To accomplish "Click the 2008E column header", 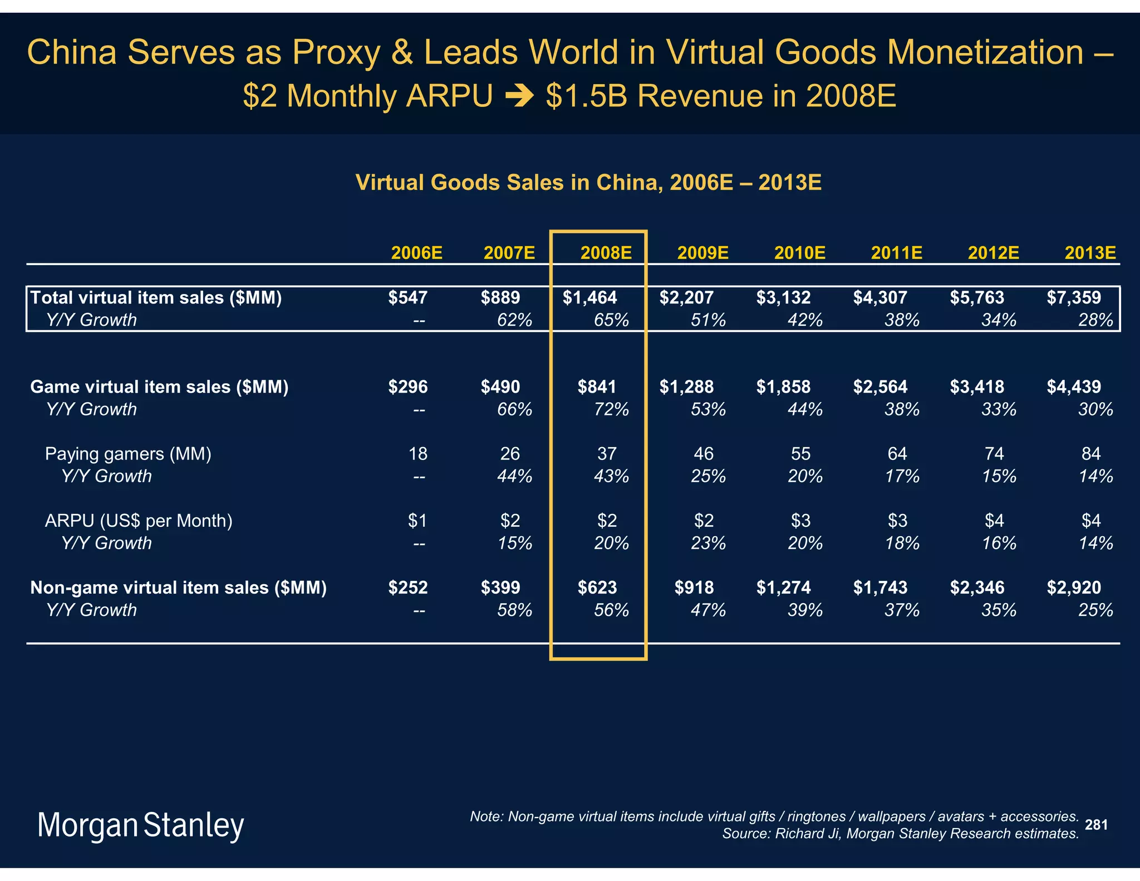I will (x=606, y=253).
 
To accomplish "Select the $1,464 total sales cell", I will (x=589, y=298).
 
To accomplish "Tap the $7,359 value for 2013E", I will (x=1073, y=298).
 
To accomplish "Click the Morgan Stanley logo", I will (x=140, y=825).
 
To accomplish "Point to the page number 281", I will (x=1096, y=825).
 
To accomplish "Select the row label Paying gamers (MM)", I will (x=128, y=454).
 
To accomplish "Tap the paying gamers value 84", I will (x=1090, y=454).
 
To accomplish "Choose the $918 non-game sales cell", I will (x=694, y=588).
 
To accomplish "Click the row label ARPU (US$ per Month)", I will (x=139, y=521).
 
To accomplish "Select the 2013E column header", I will (x=1090, y=253).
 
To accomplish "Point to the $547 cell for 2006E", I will (x=407, y=298).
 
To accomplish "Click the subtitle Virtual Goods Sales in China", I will (x=588, y=183).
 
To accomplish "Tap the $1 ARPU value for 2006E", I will (x=417, y=521).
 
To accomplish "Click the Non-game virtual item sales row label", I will (x=178, y=588).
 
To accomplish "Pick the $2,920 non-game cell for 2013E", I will (x=1073, y=588).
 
